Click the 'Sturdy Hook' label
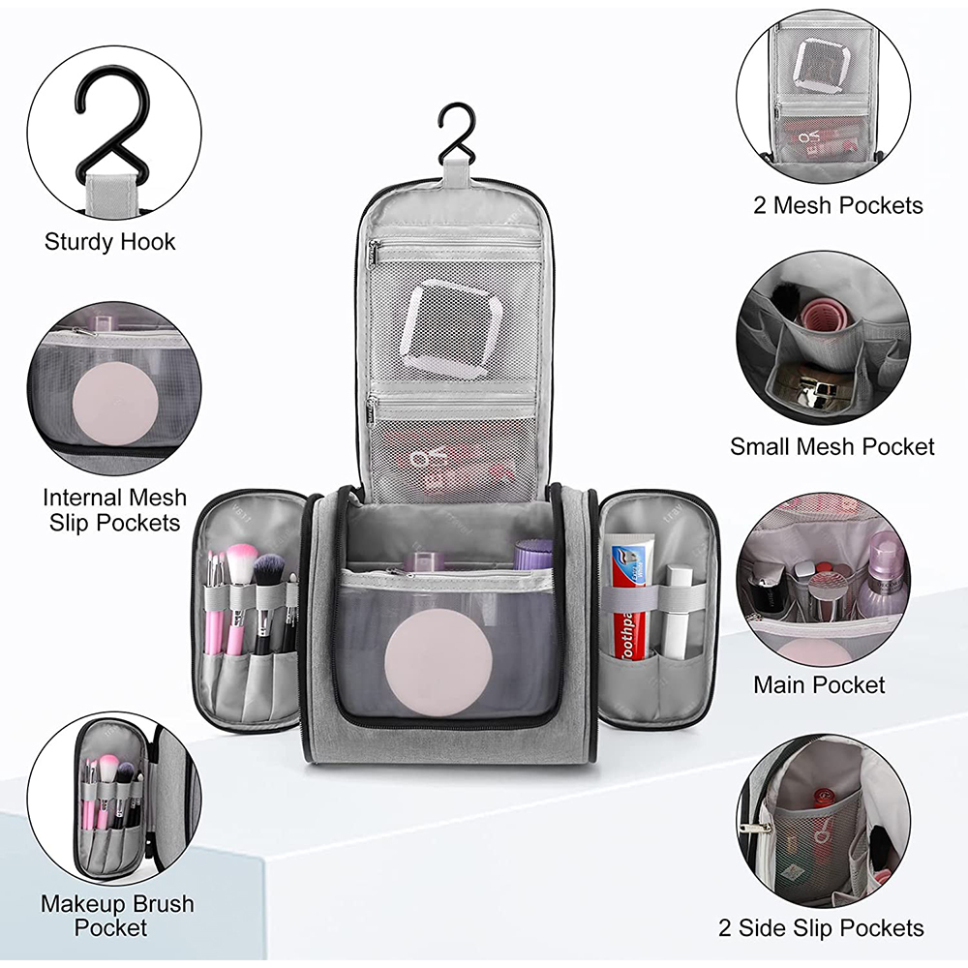tap(110, 242)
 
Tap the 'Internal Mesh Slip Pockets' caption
tap(114, 510)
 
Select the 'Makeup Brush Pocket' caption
tap(117, 916)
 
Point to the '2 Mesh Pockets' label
tap(837, 205)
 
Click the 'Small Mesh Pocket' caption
tap(832, 446)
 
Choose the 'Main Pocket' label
tap(819, 684)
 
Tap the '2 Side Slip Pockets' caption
tap(821, 928)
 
